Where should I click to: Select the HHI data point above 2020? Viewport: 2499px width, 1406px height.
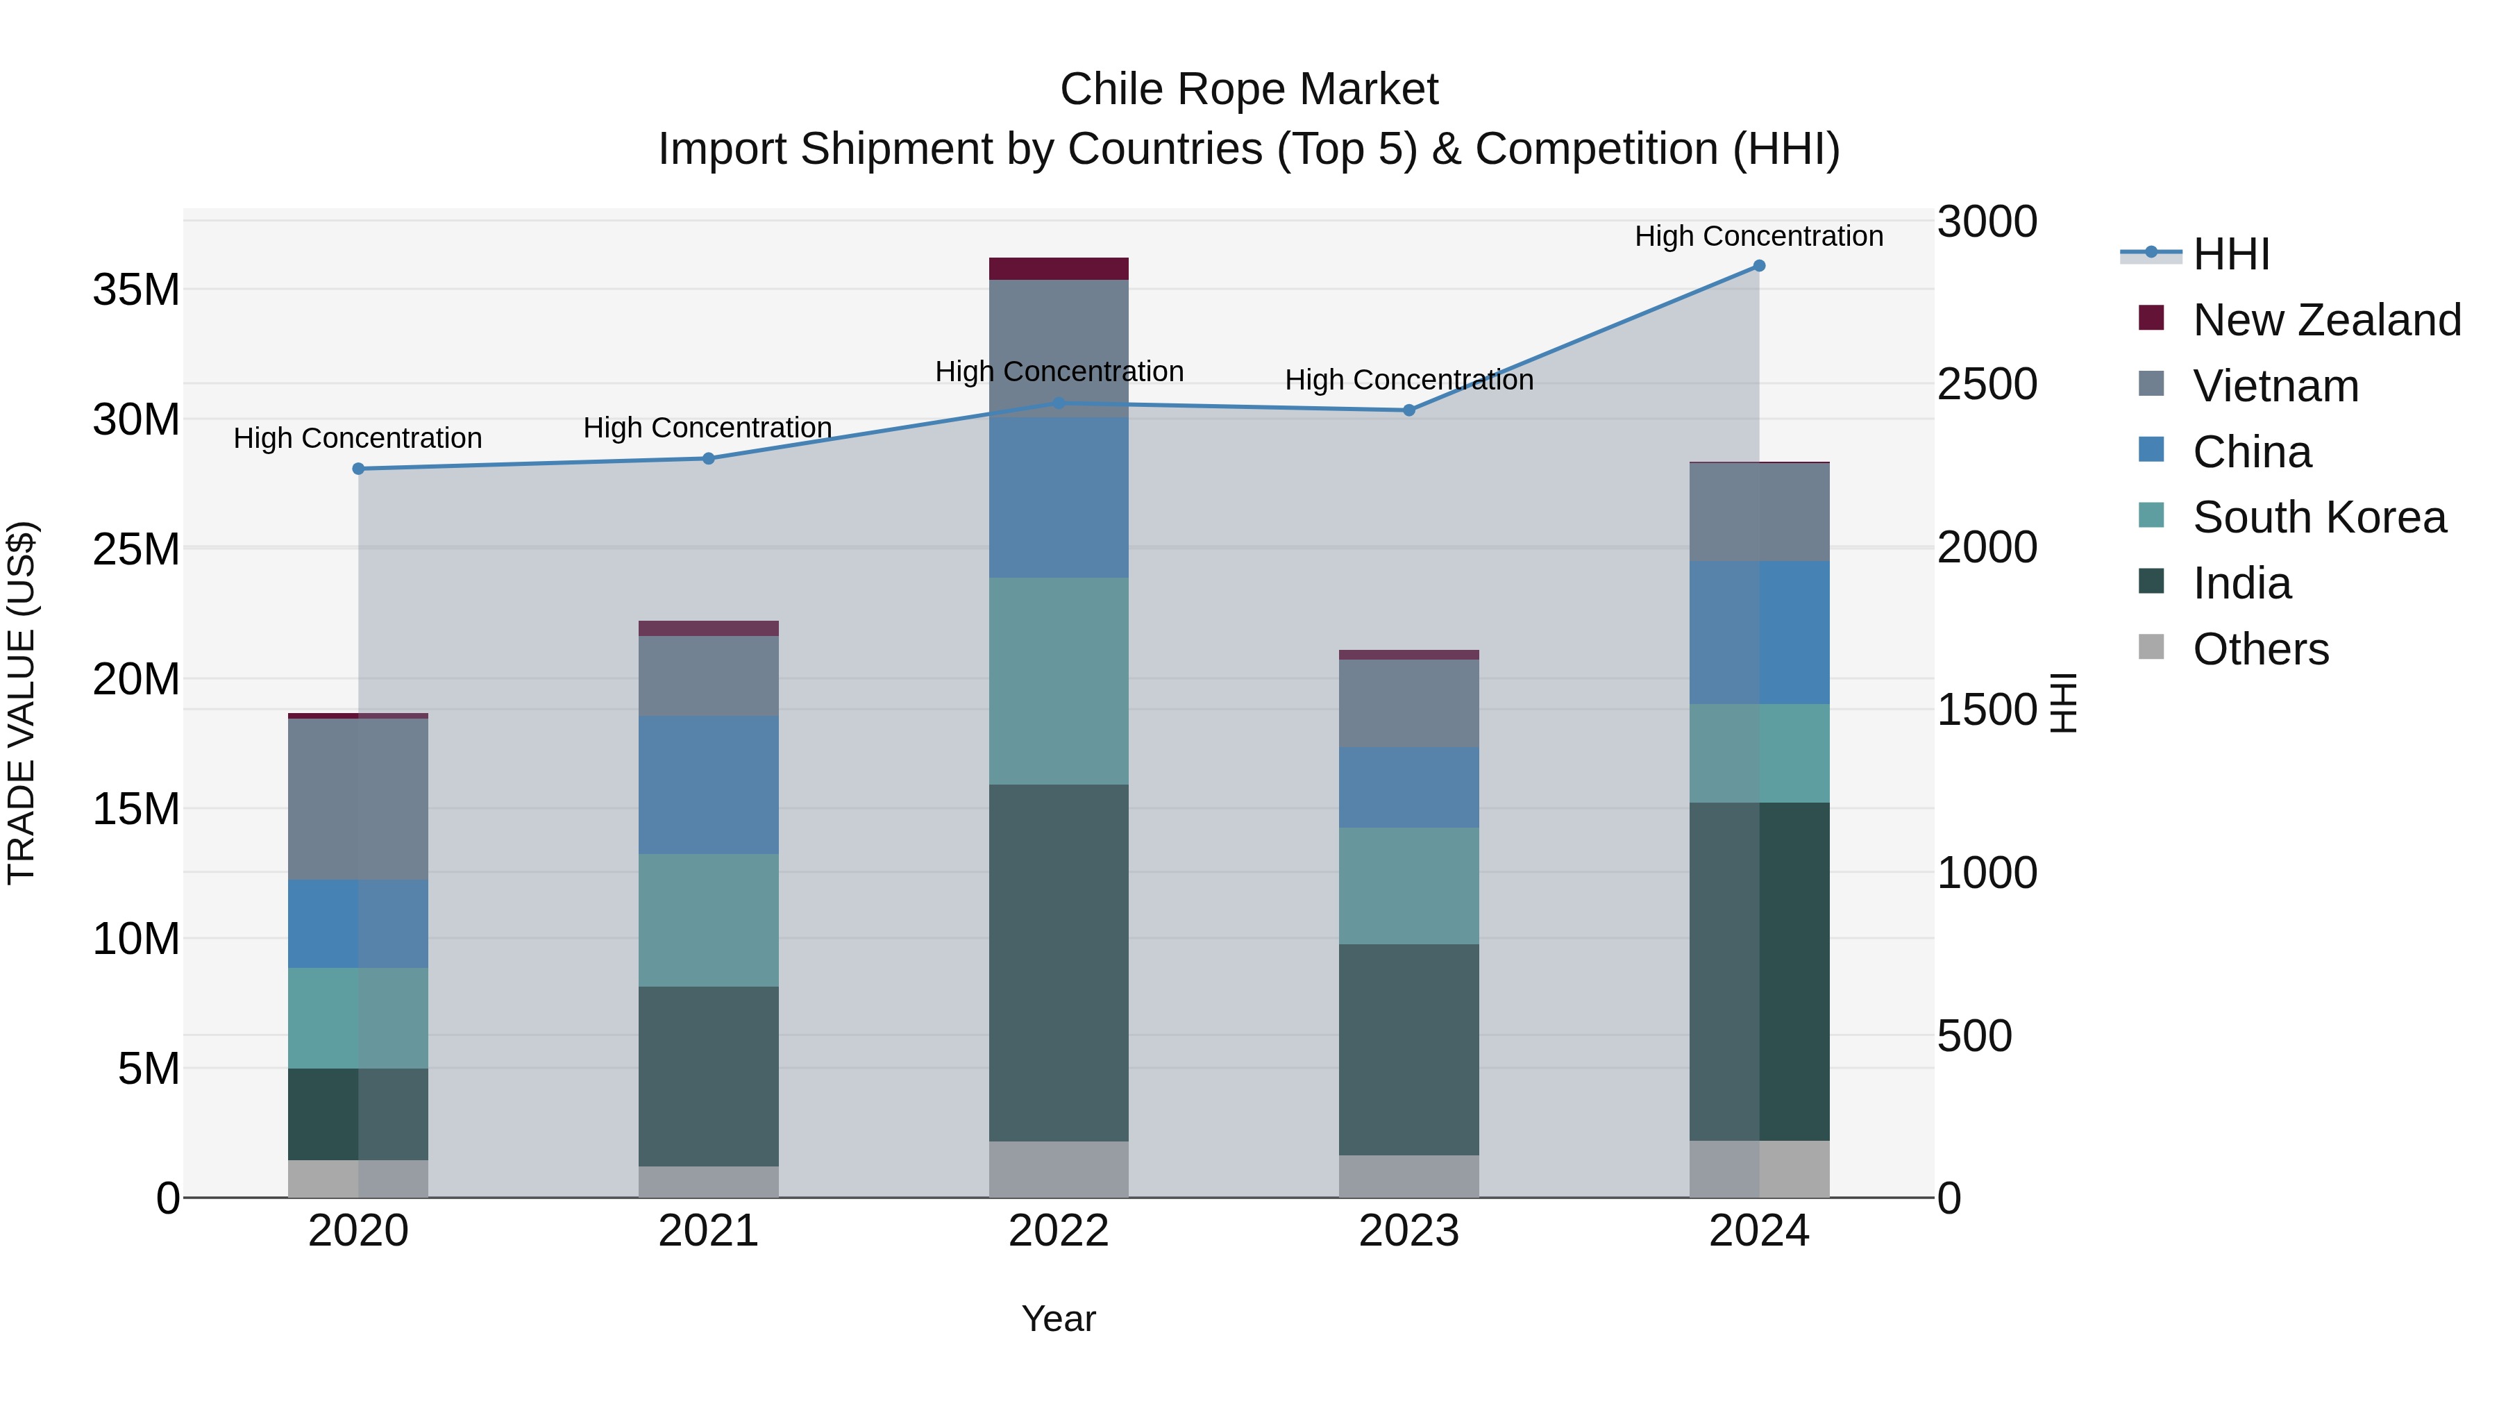358,469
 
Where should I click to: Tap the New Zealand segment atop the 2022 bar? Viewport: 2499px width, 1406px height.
1059,269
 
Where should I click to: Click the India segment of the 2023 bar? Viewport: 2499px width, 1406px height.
1408,1049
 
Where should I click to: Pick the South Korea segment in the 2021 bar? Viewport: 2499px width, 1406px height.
708,920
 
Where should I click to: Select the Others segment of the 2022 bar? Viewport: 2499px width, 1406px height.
1059,1169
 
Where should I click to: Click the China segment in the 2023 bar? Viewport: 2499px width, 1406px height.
1408,787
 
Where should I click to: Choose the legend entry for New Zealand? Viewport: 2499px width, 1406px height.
2325,320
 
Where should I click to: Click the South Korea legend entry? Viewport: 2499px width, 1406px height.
2319,517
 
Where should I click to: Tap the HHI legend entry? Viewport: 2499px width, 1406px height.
2230,254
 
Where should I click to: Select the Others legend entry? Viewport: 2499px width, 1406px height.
2260,649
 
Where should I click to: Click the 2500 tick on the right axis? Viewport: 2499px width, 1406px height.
1987,384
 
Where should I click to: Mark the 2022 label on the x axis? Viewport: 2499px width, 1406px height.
1059,1231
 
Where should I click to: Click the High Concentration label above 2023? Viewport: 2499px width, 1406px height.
1408,379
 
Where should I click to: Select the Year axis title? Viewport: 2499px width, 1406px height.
1059,1319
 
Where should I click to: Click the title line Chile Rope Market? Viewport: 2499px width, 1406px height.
1249,90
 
